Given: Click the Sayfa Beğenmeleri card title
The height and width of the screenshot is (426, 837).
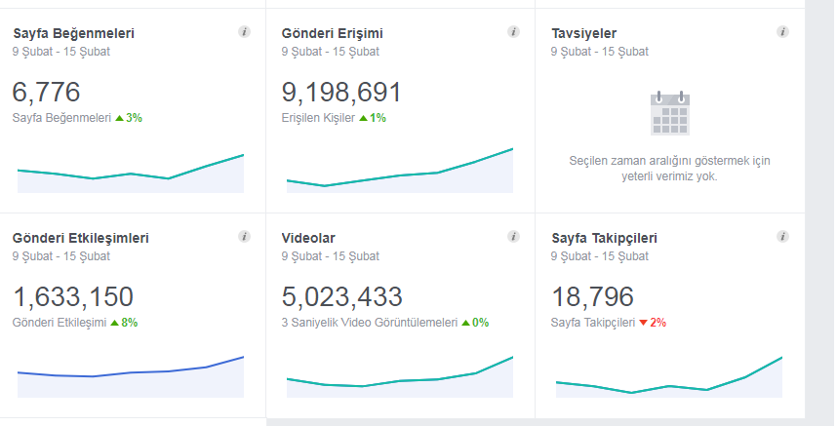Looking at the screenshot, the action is [x=74, y=33].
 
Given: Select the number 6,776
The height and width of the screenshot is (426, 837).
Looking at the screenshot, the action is [x=47, y=93].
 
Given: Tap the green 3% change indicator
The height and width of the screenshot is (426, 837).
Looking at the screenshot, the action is [x=129, y=118].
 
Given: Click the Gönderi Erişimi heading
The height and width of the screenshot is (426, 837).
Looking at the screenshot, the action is [x=332, y=33].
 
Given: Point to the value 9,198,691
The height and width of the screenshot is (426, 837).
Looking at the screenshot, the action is [x=341, y=93].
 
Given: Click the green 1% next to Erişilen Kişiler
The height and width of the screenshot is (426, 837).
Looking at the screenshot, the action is [x=373, y=118].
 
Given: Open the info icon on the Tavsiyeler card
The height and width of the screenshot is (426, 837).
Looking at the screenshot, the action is [x=782, y=32].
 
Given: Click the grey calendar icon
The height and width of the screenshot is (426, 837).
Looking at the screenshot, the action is [x=670, y=113].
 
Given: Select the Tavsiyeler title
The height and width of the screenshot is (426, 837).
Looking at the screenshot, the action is [x=584, y=33].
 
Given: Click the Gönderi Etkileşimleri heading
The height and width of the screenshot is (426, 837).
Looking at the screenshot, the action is [x=81, y=238].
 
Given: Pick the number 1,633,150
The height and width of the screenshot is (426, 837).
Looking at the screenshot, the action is [x=73, y=297].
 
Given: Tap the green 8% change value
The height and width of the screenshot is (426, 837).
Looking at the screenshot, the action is [x=124, y=323].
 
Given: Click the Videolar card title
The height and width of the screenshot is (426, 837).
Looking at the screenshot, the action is [x=308, y=238].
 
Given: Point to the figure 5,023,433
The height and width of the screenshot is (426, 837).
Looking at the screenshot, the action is [x=342, y=297].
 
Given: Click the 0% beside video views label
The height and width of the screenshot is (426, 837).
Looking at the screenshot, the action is [x=475, y=323].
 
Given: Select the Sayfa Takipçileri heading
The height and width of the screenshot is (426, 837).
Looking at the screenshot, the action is [x=604, y=238].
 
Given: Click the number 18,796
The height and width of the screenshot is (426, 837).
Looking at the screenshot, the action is [x=592, y=297].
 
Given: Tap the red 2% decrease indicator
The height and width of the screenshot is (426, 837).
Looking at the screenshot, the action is [x=653, y=323].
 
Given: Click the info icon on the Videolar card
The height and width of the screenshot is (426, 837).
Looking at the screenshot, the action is [x=513, y=237].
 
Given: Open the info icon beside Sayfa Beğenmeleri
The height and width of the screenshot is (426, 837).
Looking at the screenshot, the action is [x=245, y=32].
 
